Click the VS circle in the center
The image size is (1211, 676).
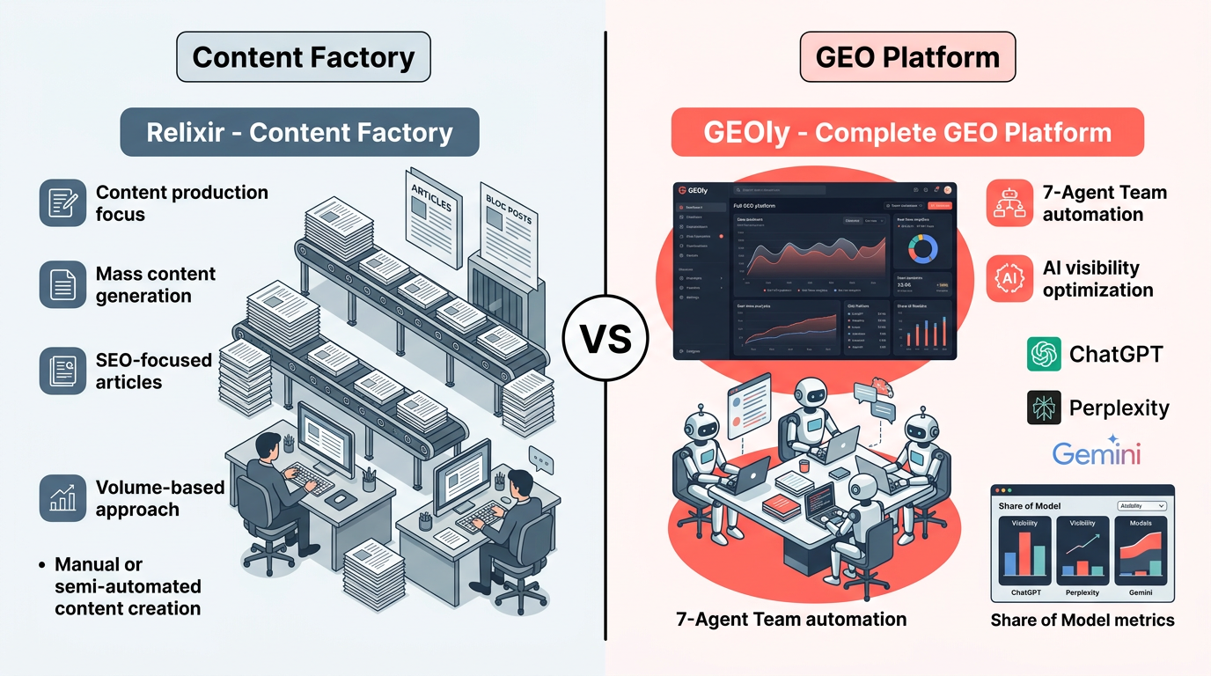[x=605, y=339]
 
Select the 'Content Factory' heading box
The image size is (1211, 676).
[x=303, y=57]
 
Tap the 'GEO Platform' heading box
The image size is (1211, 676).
[x=907, y=57]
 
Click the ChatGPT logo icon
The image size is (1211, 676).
[x=1044, y=354]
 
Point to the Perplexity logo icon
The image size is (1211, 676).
[x=1044, y=408]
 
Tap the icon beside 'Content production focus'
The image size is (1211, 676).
[x=62, y=202]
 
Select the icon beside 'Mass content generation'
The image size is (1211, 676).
[x=62, y=283]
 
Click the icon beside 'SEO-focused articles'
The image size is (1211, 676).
[x=62, y=370]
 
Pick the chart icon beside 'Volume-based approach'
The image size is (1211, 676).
[x=62, y=497]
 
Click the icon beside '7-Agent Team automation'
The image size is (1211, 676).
[x=1009, y=202]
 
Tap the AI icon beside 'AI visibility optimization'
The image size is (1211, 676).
[x=1009, y=278]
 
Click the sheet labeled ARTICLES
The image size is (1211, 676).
[x=434, y=211]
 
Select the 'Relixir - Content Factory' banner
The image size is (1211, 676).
[x=299, y=132]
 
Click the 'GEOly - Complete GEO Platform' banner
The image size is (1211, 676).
[x=907, y=132]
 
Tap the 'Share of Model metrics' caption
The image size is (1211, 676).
[x=1083, y=620]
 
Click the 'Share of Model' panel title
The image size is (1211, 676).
[x=1030, y=506]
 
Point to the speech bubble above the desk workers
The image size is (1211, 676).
[x=539, y=458]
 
